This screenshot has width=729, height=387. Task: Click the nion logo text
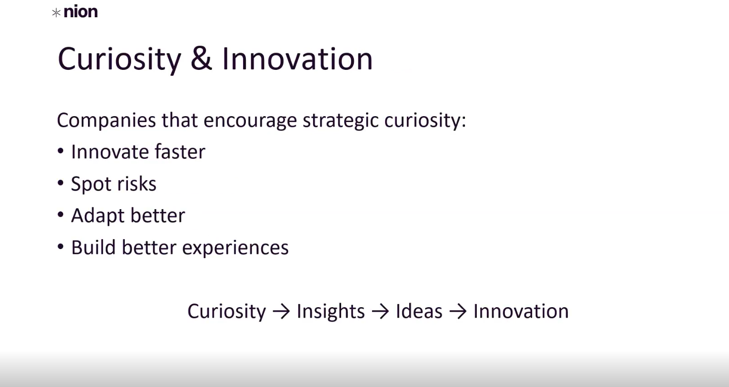click(81, 12)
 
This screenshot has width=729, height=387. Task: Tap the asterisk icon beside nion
click(56, 13)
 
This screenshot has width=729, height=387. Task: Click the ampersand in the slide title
click(201, 59)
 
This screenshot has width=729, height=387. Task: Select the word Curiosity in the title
click(119, 59)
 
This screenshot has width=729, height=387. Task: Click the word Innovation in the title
click(297, 59)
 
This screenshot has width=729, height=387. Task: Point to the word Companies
click(107, 121)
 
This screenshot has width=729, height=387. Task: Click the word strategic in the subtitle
click(340, 121)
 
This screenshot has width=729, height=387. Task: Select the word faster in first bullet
click(180, 152)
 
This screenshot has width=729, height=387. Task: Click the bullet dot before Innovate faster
click(60, 151)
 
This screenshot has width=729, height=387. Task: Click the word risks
click(137, 184)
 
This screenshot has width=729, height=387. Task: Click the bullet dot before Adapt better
click(60, 215)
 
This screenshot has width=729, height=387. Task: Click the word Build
click(93, 247)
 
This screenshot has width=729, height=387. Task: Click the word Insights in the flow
click(331, 312)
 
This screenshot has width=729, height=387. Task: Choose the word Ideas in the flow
click(419, 311)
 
